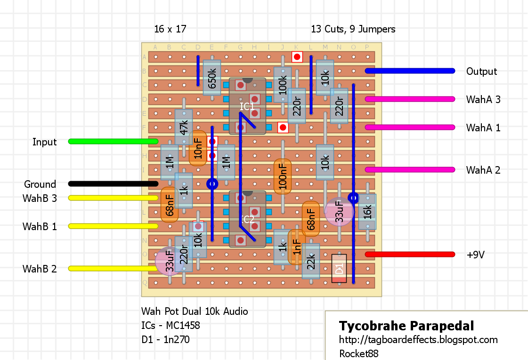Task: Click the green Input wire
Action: pos(113,141)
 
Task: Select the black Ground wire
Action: pos(113,184)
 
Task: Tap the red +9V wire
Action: pos(410,254)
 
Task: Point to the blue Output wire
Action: pos(410,71)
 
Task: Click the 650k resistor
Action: pos(212,78)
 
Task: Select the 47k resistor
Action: pos(184,127)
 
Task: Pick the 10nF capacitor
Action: pos(198,148)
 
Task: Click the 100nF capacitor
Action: pos(283,176)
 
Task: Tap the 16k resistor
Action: pos(367,212)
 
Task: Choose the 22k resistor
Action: pos(311,261)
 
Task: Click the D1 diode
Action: pos(339,269)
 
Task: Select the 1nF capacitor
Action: pos(296,247)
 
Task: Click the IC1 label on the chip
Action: pos(247,106)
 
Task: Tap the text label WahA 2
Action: pos(483,170)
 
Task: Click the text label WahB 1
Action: pos(40,226)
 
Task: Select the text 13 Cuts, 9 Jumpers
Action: pos(353,29)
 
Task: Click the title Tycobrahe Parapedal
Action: pos(406,326)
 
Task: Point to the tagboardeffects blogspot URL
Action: pos(418,340)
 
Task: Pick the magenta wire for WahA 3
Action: pos(410,99)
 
